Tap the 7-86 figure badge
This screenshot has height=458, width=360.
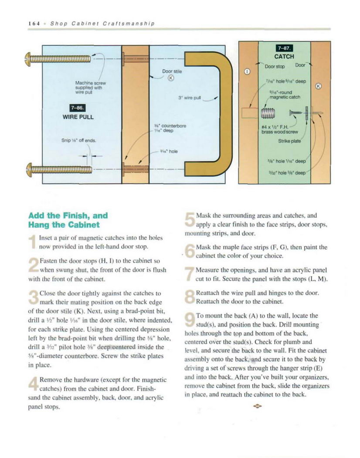(79, 108)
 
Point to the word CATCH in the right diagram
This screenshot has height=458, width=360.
(284, 56)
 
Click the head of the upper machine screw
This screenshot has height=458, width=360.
(28, 58)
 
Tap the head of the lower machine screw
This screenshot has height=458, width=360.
(28, 167)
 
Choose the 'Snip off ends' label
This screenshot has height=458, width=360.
(80, 140)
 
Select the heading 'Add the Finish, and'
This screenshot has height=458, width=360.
(68, 215)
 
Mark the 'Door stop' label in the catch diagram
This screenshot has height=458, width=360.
(275, 66)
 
